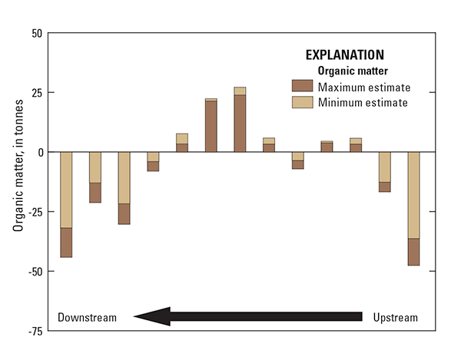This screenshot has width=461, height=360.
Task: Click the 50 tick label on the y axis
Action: click(35, 34)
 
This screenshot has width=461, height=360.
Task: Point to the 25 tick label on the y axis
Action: click(35, 93)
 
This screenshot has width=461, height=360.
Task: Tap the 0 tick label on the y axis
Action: click(38, 152)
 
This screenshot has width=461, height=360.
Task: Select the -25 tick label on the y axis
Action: click(33, 212)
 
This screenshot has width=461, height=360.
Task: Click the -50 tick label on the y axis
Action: click(33, 271)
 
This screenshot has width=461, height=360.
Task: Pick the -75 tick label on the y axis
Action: click(33, 331)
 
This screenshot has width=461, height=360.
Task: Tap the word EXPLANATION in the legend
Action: click(345, 55)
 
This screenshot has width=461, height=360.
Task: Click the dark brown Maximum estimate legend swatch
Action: click(302, 86)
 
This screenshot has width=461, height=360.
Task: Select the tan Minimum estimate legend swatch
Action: click(302, 102)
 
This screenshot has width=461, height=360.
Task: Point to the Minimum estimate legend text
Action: click(362, 102)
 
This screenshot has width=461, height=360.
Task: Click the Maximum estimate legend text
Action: click(363, 86)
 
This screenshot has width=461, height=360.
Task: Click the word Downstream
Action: click(88, 318)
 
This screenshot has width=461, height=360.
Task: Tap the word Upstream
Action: click(396, 318)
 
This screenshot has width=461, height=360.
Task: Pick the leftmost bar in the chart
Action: click(66, 204)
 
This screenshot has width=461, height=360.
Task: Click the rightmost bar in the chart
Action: click(413, 209)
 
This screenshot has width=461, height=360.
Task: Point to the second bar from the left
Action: click(95, 177)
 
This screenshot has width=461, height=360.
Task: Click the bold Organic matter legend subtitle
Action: click(350, 70)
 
